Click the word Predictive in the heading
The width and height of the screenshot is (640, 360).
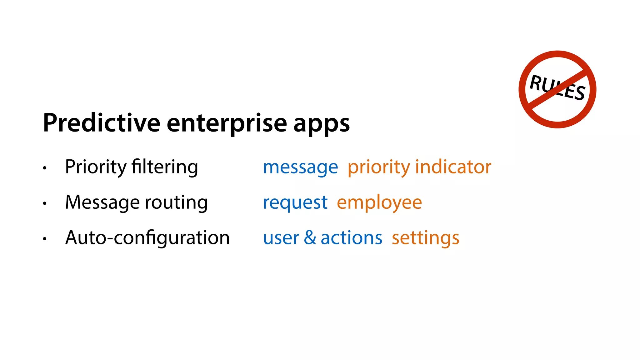click(x=102, y=123)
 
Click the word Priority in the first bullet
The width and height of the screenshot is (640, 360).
click(x=95, y=167)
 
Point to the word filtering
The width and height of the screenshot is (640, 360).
click(x=165, y=167)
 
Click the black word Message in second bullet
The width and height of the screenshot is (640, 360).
click(x=102, y=203)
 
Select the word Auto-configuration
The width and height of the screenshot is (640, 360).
click(x=147, y=238)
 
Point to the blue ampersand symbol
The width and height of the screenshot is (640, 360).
click(x=310, y=237)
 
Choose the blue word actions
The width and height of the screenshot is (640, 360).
click(x=351, y=238)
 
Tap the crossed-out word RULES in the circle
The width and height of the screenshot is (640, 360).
click(x=557, y=88)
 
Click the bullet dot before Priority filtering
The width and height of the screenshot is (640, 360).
click(x=45, y=168)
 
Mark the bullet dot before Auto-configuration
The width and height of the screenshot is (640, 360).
click(x=45, y=239)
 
